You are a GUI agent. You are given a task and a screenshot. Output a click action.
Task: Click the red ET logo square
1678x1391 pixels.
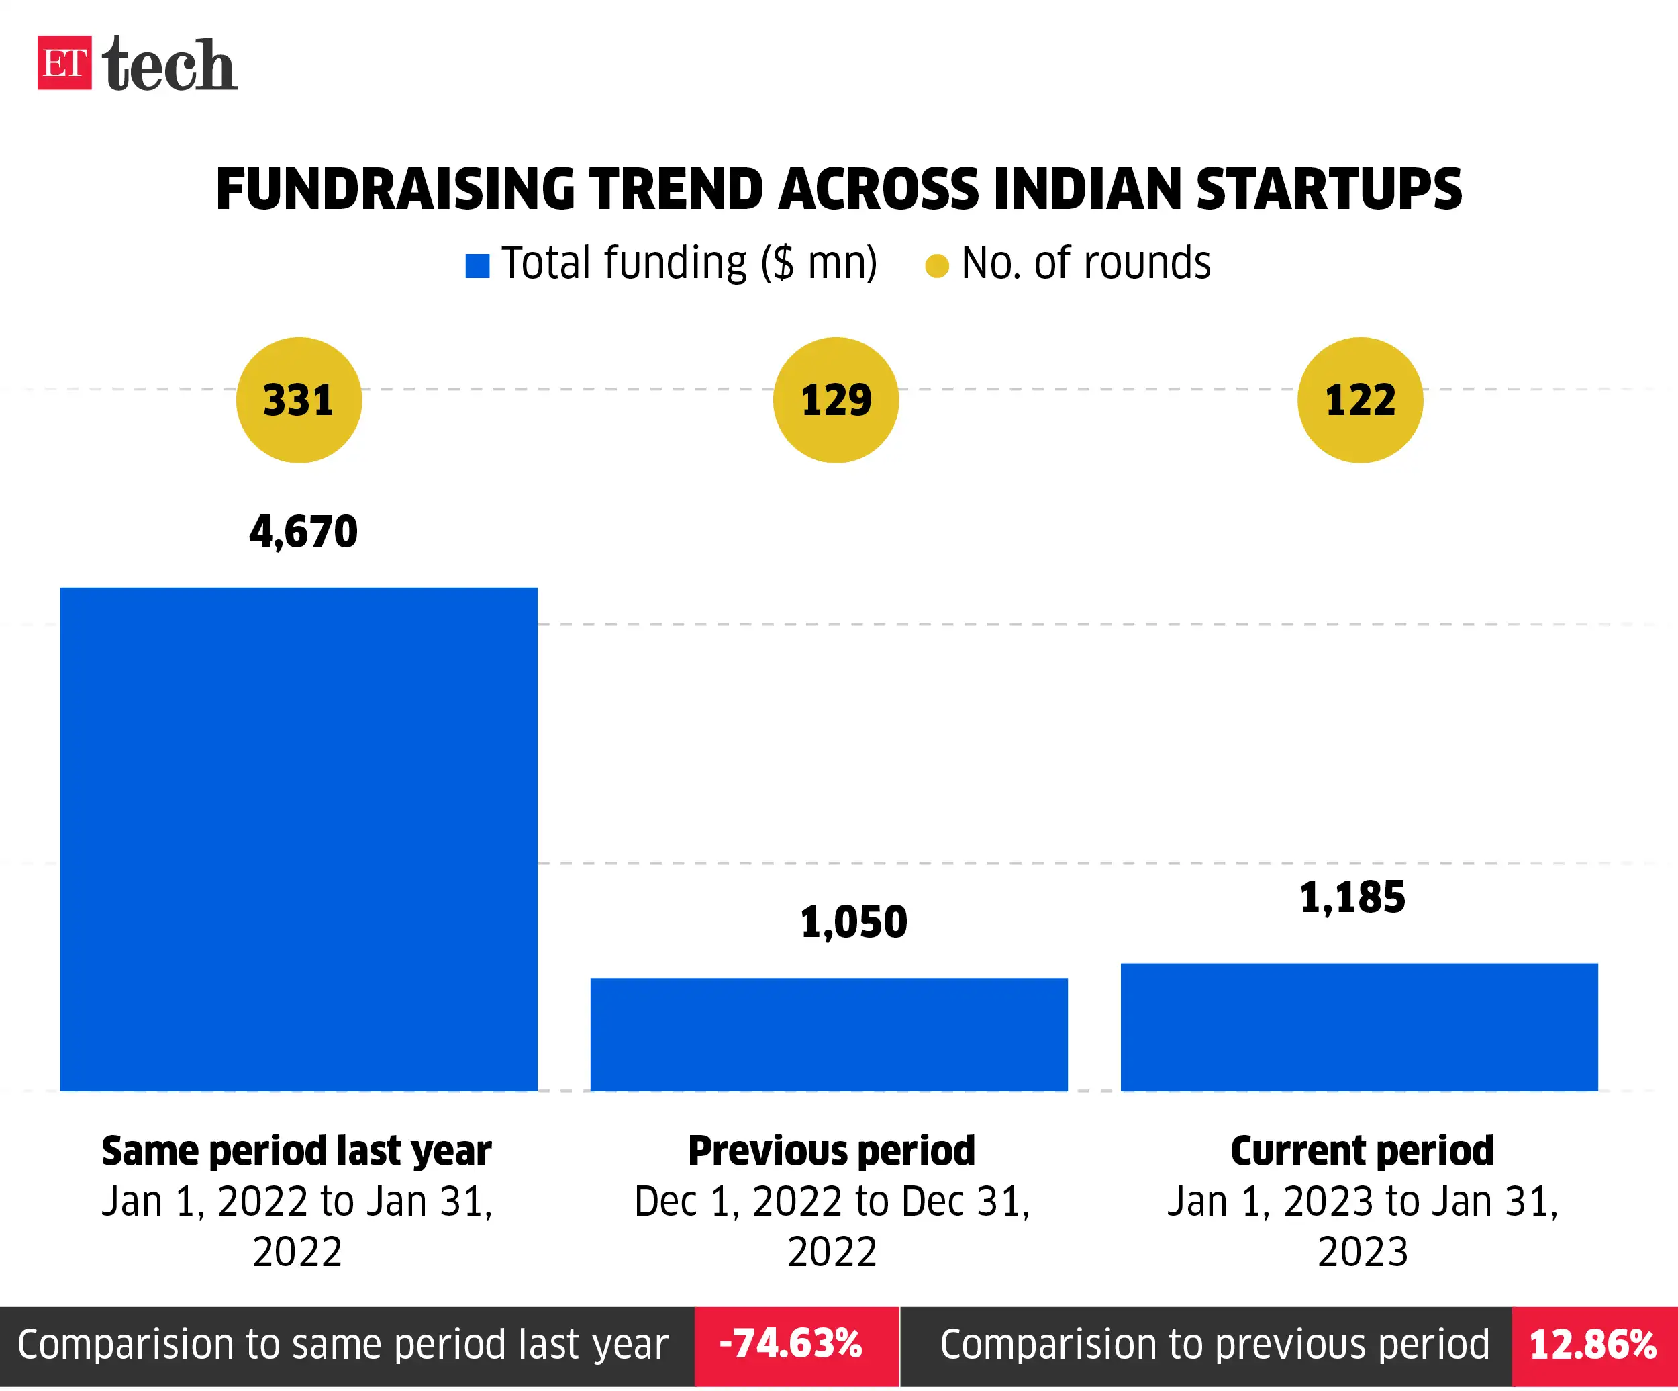[64, 63]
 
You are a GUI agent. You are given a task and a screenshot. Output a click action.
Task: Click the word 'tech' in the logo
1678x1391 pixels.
[169, 64]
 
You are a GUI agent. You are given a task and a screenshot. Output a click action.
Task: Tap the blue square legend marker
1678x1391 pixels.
[477, 265]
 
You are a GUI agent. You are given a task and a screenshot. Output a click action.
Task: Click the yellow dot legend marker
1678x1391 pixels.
[936, 265]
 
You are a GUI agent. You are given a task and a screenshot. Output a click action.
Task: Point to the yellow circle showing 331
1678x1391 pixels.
[299, 400]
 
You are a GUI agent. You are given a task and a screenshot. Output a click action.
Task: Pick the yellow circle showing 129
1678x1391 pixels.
[836, 400]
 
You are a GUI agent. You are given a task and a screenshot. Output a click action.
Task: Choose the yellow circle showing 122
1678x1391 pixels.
[1360, 400]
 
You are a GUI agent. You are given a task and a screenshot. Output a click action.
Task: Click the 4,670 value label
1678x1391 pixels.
[303, 532]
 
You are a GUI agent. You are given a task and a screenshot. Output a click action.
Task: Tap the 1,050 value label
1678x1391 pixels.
[853, 922]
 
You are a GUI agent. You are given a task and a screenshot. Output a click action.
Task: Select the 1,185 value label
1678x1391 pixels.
[1352, 897]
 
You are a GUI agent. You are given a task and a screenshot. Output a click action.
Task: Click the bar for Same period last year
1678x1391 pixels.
[299, 840]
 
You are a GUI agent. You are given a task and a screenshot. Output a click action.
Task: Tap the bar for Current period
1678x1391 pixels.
[1359, 1026]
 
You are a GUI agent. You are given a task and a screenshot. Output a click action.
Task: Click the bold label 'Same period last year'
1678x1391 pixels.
[297, 1151]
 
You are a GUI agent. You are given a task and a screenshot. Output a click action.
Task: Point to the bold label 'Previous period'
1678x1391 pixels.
[832, 1151]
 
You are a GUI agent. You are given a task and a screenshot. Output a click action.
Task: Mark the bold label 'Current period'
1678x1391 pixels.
[1362, 1151]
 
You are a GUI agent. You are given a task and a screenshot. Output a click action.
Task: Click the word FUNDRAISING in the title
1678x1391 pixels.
[395, 189]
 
